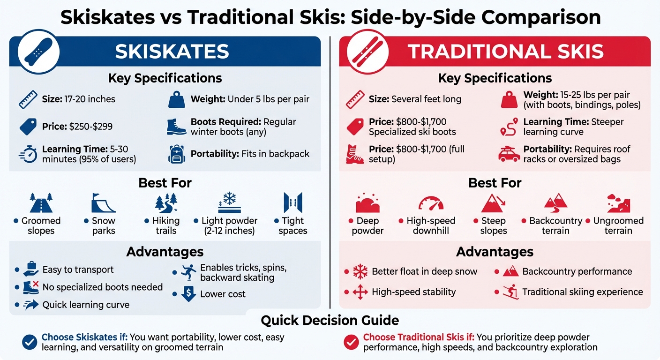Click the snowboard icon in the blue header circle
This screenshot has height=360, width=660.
pyautogui.click(x=38, y=52)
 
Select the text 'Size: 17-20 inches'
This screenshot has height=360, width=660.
pyautogui.click(x=78, y=99)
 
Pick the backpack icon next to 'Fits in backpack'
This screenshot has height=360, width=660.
pyautogui.click(x=176, y=154)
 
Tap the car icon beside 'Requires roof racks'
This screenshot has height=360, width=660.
pyautogui.click(x=509, y=154)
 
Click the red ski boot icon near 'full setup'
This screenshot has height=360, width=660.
pyautogui.click(x=355, y=154)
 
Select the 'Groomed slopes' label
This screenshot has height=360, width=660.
pyautogui.click(x=41, y=225)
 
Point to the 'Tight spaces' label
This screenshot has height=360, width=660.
pyautogui.click(x=292, y=225)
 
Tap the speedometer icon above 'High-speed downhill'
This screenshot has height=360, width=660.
pyautogui.click(x=430, y=203)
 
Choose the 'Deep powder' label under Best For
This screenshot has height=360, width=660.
pyautogui.click(x=367, y=225)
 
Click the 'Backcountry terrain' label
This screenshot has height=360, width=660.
pyautogui.click(x=555, y=225)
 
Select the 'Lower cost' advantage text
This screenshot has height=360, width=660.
pyautogui.click(x=223, y=294)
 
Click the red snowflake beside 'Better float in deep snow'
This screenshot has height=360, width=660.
pyautogui.click(x=360, y=271)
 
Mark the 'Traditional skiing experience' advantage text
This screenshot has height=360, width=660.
pyautogui.click(x=582, y=292)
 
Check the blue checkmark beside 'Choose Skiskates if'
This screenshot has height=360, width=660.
pyautogui.click(x=30, y=342)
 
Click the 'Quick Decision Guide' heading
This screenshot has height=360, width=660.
pyautogui.click(x=330, y=321)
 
